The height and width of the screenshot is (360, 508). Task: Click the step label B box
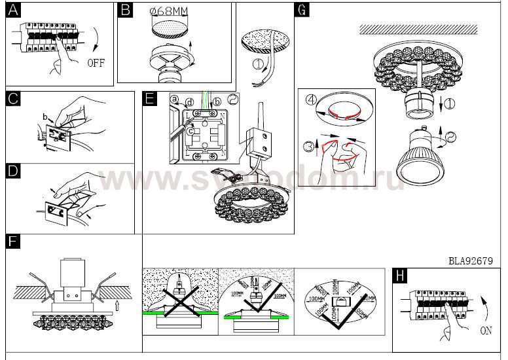pyautogui.click(x=126, y=10)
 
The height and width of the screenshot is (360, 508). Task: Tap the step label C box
pyautogui.click(x=13, y=99)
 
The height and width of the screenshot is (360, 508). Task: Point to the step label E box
pyautogui.click(x=150, y=99)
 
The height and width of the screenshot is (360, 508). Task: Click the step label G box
pyautogui.click(x=301, y=10)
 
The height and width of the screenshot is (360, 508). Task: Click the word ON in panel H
pyautogui.click(x=485, y=331)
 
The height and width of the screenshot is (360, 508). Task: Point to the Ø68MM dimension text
pyautogui.click(x=174, y=12)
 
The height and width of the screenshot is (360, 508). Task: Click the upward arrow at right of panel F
pyautogui.click(x=117, y=302)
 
